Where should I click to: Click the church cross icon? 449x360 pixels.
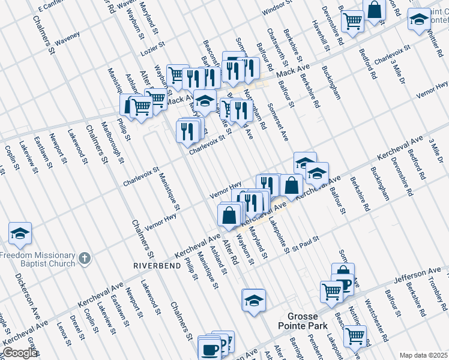pyautogui.click(x=85, y=259)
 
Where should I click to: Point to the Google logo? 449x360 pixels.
pyautogui.click(x=19, y=353)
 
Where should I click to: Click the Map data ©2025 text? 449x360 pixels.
pyautogui.click(x=423, y=355)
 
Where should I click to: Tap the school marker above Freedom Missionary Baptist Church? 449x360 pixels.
pyautogui.click(x=20, y=235)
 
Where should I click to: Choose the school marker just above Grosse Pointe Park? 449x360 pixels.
pyautogui.click(x=254, y=301)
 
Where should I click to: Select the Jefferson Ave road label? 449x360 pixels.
pyautogui.click(x=413, y=277)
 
